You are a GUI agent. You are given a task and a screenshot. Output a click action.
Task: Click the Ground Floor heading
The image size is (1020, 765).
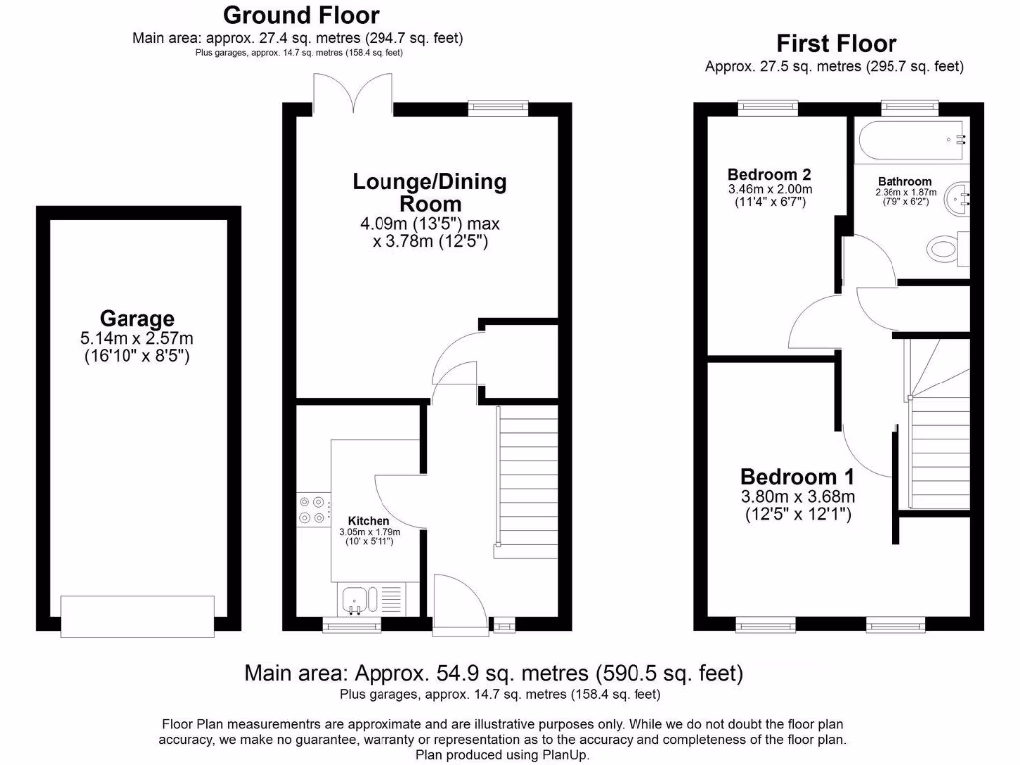point(300,15)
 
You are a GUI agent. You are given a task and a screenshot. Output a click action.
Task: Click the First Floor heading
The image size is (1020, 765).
point(836,44)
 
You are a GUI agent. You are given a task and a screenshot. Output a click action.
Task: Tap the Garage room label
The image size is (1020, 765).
point(136,319)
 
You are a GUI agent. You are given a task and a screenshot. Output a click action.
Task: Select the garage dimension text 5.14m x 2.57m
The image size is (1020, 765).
point(136,339)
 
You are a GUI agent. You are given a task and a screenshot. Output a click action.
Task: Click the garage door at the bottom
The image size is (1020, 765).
point(137,615)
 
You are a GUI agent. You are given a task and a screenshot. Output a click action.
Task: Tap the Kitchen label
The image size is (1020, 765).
point(368,521)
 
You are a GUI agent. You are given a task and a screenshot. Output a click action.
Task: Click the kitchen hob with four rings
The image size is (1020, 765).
point(312,509)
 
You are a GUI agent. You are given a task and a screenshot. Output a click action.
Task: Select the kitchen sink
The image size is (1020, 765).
point(356,600)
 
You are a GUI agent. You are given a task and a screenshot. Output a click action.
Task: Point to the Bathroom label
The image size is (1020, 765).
point(904,181)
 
